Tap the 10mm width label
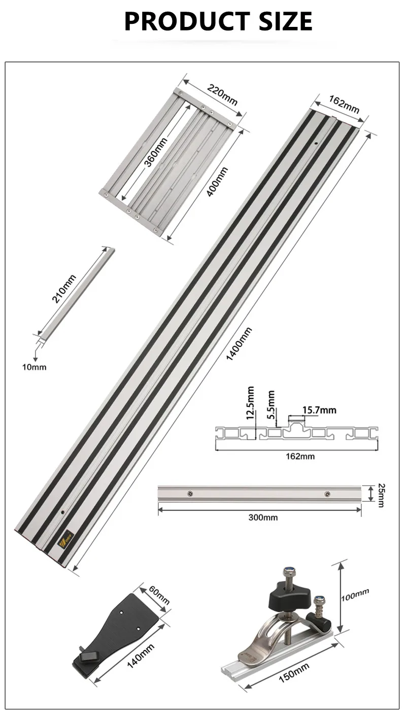click(x=35, y=367)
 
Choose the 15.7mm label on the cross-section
click(x=319, y=410)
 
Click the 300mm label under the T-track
click(x=263, y=518)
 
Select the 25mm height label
click(x=382, y=494)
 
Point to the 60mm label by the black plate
click(x=159, y=597)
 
